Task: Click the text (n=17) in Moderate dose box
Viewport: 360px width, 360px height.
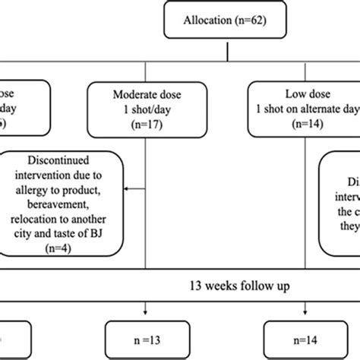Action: click(x=145, y=127)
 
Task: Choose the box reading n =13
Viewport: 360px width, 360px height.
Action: click(x=145, y=334)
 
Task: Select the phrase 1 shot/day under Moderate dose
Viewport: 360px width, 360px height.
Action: click(x=145, y=112)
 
